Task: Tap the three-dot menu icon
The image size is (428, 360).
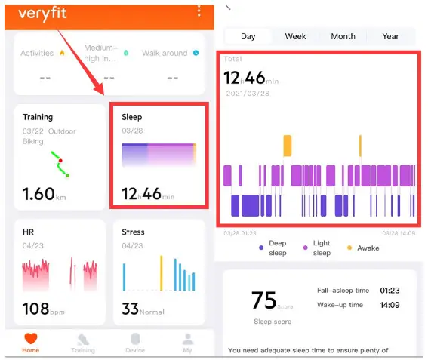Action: pos(199,11)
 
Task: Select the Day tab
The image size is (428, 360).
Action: pos(248,36)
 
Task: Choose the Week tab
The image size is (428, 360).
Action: pos(295,36)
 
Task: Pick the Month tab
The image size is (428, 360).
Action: pos(343,36)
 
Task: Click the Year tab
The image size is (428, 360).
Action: pos(390,36)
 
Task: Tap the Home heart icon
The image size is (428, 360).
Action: pos(31,339)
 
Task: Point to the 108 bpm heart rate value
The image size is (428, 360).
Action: pos(37,309)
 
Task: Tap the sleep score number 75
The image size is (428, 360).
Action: pos(264,300)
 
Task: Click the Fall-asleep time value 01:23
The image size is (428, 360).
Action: pos(390,290)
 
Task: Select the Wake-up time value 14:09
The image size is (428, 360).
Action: pos(390,305)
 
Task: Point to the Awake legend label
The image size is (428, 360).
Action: pos(368,248)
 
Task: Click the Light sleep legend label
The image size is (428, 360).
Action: pos(322,248)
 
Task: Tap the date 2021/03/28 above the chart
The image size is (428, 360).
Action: pos(247,94)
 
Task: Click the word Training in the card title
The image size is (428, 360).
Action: pos(38,117)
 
